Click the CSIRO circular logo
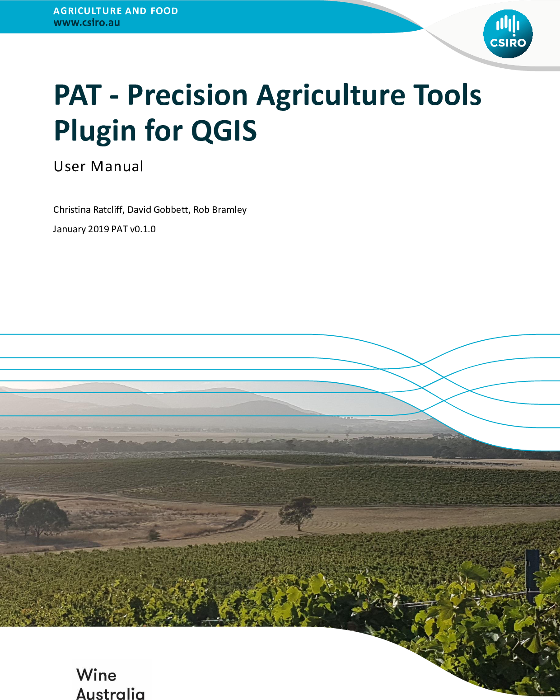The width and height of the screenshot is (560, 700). pyautogui.click(x=508, y=34)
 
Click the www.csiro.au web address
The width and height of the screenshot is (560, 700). pyautogui.click(x=87, y=23)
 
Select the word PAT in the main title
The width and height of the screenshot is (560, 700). pyautogui.click(x=78, y=95)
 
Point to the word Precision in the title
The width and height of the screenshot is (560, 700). pyautogui.click(x=187, y=95)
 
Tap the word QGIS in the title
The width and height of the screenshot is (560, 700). pyautogui.click(x=224, y=131)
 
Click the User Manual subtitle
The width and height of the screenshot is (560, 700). pyautogui.click(x=98, y=166)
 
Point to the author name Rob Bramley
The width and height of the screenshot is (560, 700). pyautogui.click(x=220, y=210)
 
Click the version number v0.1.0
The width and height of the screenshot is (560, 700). pyautogui.click(x=143, y=229)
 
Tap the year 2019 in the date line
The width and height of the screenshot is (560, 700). pyautogui.click(x=98, y=229)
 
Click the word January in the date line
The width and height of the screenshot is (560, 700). pyautogui.click(x=69, y=230)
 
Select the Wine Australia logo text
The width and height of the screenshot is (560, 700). pyautogui.click(x=111, y=683)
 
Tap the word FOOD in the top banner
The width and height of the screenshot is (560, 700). pyautogui.click(x=164, y=11)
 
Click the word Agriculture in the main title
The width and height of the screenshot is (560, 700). pyautogui.click(x=331, y=96)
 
